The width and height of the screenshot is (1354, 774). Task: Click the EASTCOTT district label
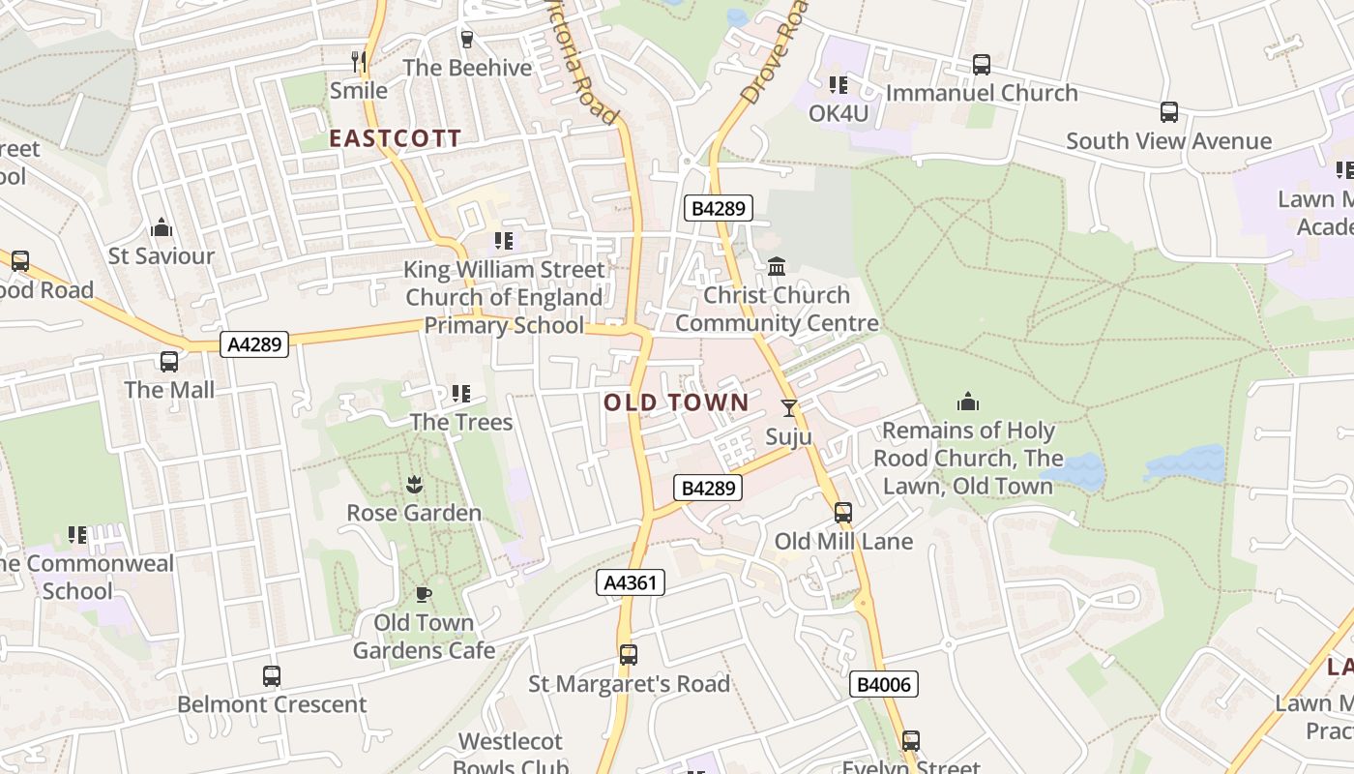click(395, 138)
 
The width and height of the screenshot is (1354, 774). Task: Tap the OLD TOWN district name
click(676, 402)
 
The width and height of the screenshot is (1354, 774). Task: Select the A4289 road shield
click(254, 344)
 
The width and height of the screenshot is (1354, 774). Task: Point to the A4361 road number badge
click(630, 582)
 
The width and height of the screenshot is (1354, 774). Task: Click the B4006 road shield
click(884, 685)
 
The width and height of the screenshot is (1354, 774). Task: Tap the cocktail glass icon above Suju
click(789, 408)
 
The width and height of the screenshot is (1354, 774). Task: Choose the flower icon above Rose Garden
click(414, 484)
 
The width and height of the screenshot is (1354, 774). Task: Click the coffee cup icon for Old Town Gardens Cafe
click(423, 593)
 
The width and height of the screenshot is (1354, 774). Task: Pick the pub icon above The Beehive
click(467, 39)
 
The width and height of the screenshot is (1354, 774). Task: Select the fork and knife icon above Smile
click(359, 62)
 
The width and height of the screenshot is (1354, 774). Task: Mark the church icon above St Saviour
click(162, 228)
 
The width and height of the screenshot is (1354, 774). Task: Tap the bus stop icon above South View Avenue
click(1168, 112)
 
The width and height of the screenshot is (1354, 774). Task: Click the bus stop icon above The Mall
click(169, 362)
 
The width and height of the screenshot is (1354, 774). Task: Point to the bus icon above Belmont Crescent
click(272, 675)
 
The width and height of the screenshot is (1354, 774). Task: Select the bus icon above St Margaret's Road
click(629, 655)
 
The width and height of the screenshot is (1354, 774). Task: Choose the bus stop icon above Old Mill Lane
click(843, 513)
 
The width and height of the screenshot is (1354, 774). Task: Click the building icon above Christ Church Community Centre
click(777, 266)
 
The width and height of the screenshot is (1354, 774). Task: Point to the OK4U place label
click(839, 113)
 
